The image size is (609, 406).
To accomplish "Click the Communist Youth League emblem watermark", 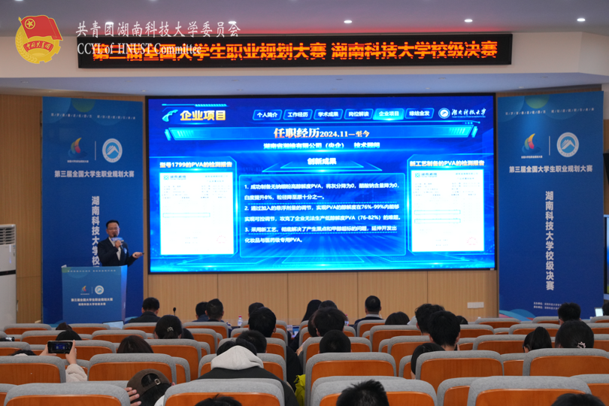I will (x=38, y=39).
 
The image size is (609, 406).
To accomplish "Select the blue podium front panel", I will (x=95, y=294).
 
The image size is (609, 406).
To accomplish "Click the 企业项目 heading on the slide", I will (x=202, y=115).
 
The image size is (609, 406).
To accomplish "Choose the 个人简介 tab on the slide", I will (x=267, y=114).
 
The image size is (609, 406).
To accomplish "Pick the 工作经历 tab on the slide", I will (x=298, y=114).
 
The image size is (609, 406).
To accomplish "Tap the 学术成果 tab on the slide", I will (x=329, y=114).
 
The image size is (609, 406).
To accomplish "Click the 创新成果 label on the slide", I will (x=321, y=161).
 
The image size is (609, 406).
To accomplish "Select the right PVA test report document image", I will (x=447, y=210).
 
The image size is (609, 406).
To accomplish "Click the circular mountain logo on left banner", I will (x=112, y=150).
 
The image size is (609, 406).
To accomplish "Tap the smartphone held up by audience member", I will (x=59, y=347).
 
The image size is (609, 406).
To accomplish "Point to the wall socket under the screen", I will (x=475, y=304).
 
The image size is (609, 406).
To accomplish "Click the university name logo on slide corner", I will (x=463, y=113).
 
